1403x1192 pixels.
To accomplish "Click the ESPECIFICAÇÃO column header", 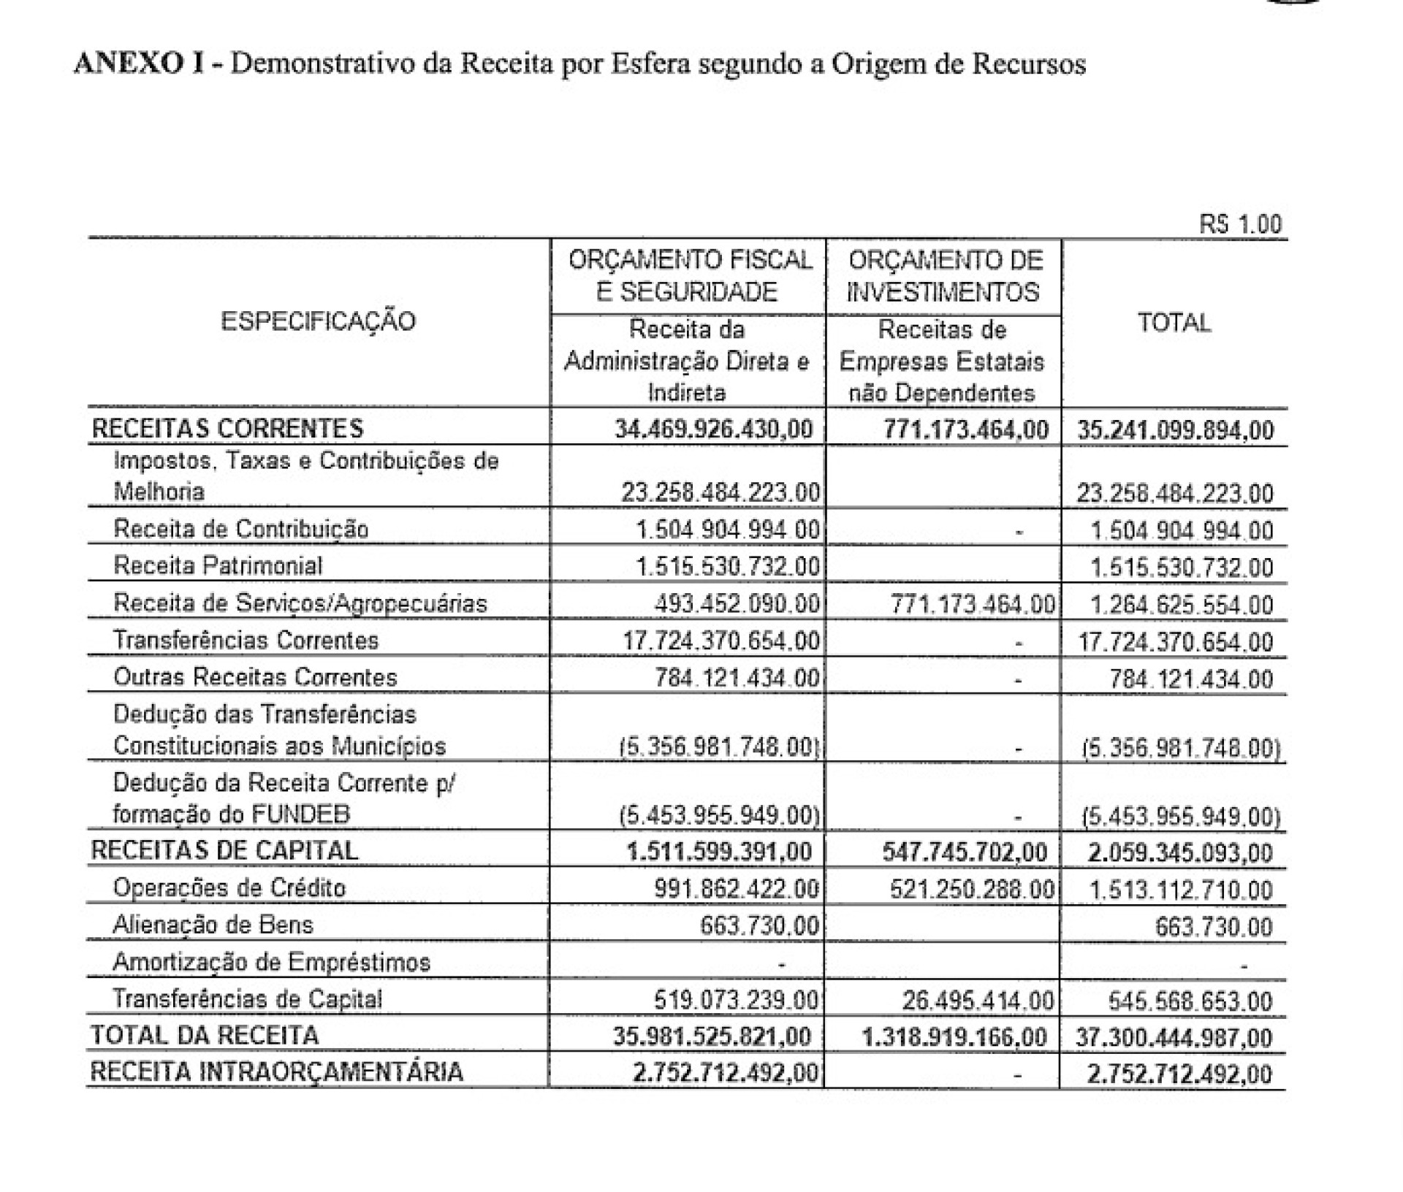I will pos(318,321).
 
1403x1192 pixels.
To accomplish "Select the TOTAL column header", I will pos(1174,322).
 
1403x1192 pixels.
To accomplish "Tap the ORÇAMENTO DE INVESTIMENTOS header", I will pos(943,276).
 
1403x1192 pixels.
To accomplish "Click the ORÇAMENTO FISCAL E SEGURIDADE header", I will pos(689,276).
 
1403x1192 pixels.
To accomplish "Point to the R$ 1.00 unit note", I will pos(1240,223).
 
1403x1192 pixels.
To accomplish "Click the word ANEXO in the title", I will pos(131,64).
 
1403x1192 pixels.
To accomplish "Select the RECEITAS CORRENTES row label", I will pos(227,428).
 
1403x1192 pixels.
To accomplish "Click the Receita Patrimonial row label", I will pos(217,566).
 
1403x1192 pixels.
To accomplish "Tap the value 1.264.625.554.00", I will pos(1182,605).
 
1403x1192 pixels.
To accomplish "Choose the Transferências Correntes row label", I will pos(246,641).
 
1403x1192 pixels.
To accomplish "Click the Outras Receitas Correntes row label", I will pos(255,677).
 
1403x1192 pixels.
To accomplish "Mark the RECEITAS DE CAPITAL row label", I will pos(224,850).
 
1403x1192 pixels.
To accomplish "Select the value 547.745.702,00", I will pos(965,852).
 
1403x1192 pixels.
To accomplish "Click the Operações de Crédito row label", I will pos(229,888).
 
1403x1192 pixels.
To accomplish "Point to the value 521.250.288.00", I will pos(972,889).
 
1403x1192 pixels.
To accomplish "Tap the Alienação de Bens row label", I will pos(213,925).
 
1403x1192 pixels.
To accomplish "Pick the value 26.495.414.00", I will pos(977,1000).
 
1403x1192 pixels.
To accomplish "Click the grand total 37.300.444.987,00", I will pos(1174,1037).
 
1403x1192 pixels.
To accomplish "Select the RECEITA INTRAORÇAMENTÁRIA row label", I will pos(276,1071).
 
